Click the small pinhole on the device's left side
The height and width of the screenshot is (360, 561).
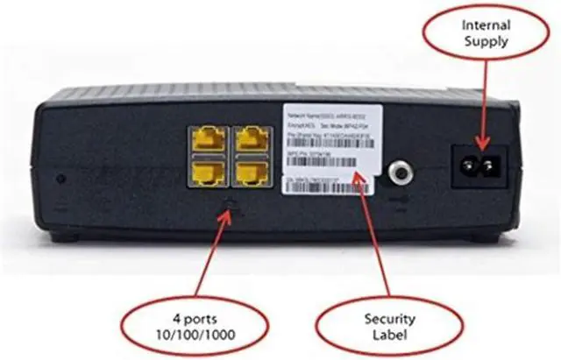(60, 179)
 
